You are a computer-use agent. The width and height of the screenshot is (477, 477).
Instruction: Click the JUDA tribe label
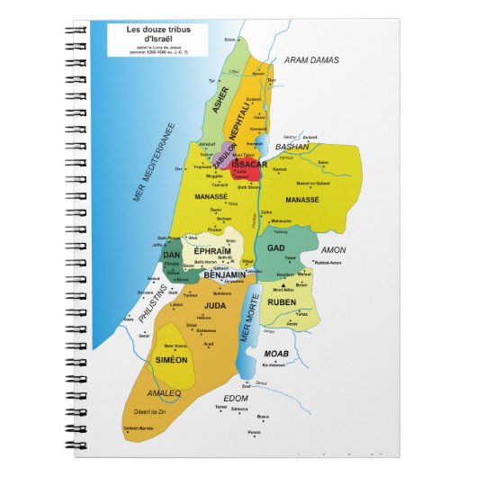[213, 304]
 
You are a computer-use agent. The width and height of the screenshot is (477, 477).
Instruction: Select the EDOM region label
[236, 397]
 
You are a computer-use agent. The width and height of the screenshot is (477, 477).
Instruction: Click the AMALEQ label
[165, 392]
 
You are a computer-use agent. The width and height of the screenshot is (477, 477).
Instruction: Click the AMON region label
[334, 249]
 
